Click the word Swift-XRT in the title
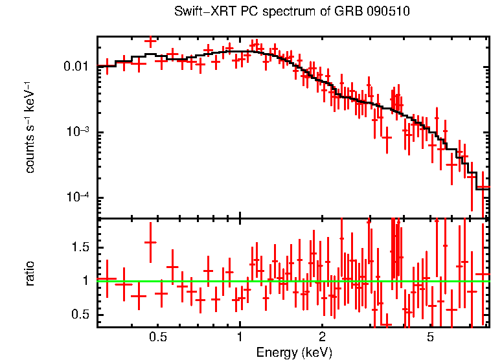tap(200, 12)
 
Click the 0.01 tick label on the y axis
tap(77, 67)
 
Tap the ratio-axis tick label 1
tap(87, 281)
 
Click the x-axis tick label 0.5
tap(157, 337)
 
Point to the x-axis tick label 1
tap(240, 337)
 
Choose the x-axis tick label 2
tap(322, 337)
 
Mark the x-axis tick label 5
tap(430, 337)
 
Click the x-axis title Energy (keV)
tap(294, 352)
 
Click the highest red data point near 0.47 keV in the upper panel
tap(150, 41)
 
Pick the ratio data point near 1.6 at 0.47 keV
tap(150, 242)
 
